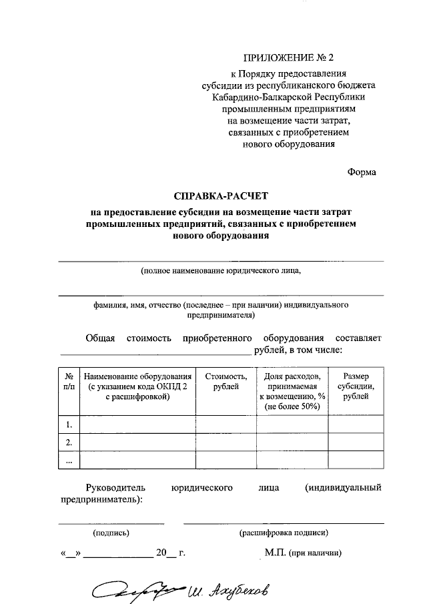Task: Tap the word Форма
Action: click(x=362, y=172)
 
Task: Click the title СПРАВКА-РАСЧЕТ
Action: click(x=220, y=197)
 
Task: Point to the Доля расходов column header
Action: click(x=292, y=392)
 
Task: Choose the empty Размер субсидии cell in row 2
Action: click(x=356, y=442)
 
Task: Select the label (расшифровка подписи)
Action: click(x=284, y=533)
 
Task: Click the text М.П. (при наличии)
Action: click(x=303, y=553)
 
